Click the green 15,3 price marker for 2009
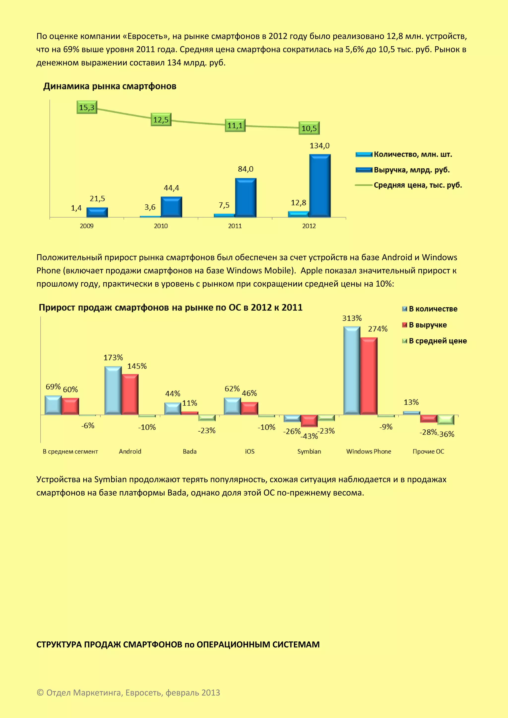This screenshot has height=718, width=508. pyautogui.click(x=87, y=108)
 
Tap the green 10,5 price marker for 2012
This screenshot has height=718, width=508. pyautogui.click(x=309, y=128)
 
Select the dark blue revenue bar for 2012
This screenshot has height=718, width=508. pyautogui.click(x=320, y=186)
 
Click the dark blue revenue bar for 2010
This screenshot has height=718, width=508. pyautogui.click(x=171, y=207)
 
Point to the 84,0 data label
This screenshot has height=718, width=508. pyautogui.click(x=246, y=169)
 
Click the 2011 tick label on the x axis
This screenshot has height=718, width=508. pyautogui.click(x=235, y=226)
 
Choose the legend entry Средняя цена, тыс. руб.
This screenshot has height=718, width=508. pyautogui.click(x=418, y=185)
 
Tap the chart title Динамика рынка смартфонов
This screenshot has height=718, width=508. pyautogui.click(x=109, y=86)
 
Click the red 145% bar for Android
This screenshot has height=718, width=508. pyautogui.click(x=130, y=394)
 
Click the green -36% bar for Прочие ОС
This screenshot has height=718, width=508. pyautogui.click(x=445, y=420)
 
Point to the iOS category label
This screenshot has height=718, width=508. pyautogui.click(x=250, y=451)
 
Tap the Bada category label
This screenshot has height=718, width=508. pyautogui.click(x=190, y=451)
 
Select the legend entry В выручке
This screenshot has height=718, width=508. pyautogui.click(x=427, y=325)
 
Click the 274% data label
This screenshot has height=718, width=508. pyautogui.click(x=378, y=329)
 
